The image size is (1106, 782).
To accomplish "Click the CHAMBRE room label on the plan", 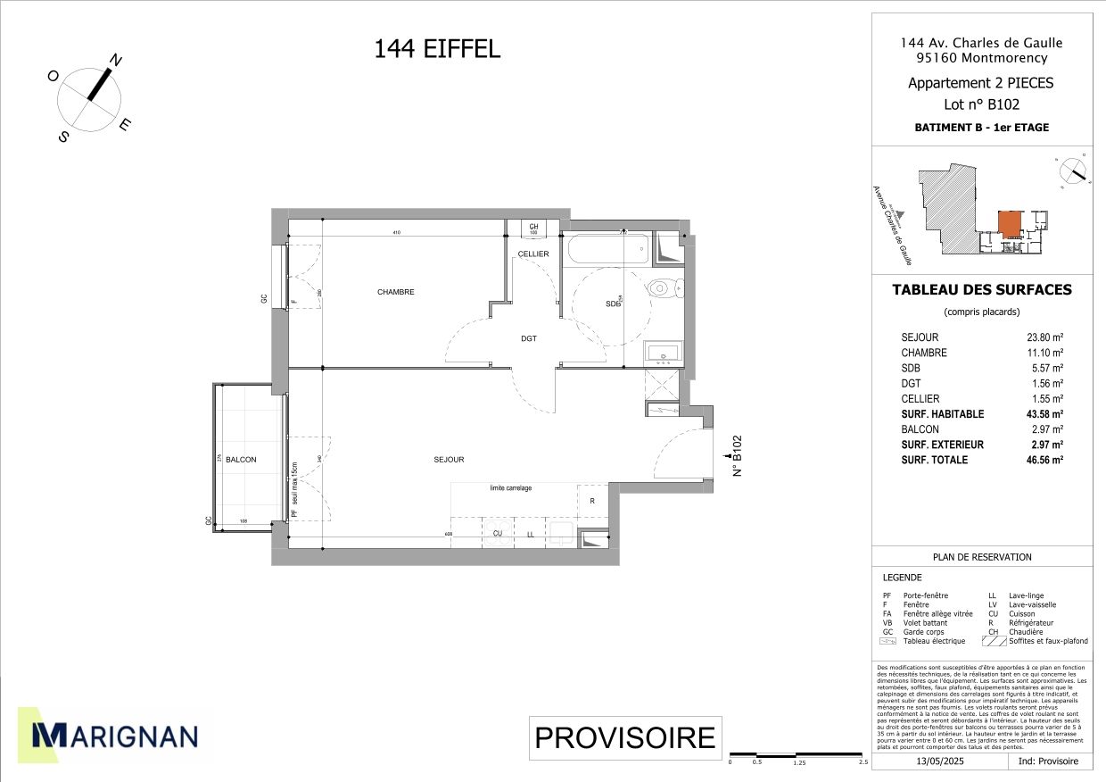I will click(x=395, y=292).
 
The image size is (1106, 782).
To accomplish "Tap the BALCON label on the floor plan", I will click(x=241, y=460).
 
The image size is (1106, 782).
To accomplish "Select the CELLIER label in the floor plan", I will click(x=533, y=254).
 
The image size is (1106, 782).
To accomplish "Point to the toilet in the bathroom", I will click(x=663, y=287).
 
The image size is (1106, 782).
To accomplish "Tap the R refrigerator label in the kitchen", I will click(x=591, y=501).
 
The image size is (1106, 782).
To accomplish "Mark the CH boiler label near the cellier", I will click(x=533, y=228).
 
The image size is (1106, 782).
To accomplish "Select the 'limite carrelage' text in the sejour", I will click(x=510, y=488).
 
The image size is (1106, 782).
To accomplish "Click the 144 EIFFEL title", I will click(x=437, y=49).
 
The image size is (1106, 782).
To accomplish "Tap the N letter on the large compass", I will click(x=116, y=61).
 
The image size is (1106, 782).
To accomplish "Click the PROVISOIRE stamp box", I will click(x=624, y=738).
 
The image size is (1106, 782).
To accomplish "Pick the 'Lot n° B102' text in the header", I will click(x=981, y=104).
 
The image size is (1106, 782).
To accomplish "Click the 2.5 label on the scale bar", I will click(x=863, y=762).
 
